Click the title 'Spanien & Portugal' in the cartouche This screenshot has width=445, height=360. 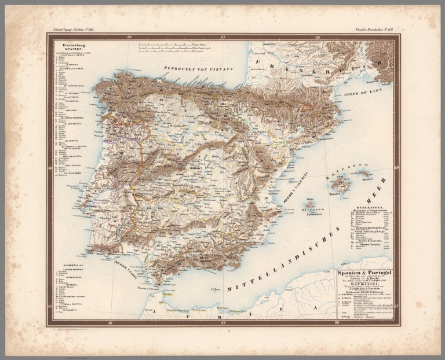(x=364, y=272)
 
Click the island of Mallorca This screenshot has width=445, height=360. (x=341, y=185)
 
